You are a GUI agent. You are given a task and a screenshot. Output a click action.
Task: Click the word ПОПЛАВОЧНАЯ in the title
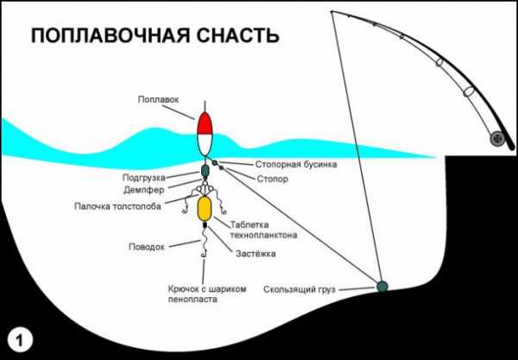coord(111,35)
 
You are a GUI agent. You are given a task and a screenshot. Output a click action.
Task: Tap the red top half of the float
coord(205,124)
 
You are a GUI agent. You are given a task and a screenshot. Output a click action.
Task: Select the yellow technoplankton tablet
coord(205,208)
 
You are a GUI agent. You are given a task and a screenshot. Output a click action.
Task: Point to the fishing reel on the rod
coord(497,139)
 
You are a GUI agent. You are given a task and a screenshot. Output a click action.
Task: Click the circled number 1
coord(20,340)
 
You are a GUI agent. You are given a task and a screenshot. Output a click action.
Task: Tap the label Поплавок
coord(158,99)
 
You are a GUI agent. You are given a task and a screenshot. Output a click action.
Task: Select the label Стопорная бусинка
coord(296,165)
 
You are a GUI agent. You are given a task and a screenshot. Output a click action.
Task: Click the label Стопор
coord(272,179)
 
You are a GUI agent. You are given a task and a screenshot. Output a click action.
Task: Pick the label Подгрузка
coord(143,178)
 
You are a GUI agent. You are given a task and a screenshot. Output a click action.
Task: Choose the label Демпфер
coord(143,190)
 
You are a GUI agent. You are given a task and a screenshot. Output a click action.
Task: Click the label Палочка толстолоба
coord(117,206)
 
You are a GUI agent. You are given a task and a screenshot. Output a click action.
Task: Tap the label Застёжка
coord(256,254)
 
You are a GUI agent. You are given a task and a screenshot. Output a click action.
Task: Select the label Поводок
coord(147,247)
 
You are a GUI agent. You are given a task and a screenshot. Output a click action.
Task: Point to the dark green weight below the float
coord(205,171)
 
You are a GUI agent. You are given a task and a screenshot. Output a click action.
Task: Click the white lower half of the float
coord(205,145)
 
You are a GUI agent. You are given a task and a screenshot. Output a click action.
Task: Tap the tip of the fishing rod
coord(332,12)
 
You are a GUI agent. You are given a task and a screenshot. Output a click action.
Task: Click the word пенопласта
coord(193,300)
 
